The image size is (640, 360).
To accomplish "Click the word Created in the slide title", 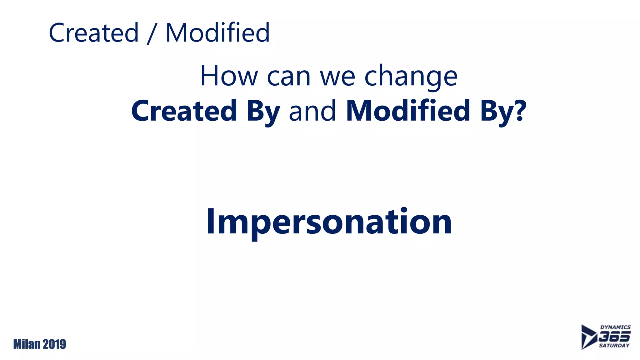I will point(94,33).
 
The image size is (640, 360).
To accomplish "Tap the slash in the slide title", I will point(152,33).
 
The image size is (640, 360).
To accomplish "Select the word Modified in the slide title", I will point(217,33).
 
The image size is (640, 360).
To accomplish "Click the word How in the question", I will point(229,76).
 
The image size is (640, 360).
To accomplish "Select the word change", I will point(411,77).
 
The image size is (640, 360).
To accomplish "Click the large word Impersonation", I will point(329,222).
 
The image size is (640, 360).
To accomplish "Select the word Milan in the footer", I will point(27,344).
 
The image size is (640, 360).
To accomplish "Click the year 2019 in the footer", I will point(54,344).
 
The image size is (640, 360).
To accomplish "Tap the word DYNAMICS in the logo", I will point(615,327).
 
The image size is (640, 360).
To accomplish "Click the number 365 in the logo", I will point(614,337).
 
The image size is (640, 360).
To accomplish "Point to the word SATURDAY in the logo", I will point(614,346).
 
